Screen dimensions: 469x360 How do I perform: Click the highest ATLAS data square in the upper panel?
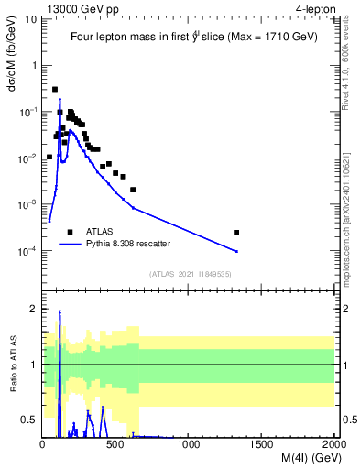[55, 89]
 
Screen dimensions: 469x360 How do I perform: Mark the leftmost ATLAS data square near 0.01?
[49, 157]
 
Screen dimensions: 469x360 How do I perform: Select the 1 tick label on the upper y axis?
[35, 66]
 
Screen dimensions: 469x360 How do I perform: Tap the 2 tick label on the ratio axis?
[35, 309]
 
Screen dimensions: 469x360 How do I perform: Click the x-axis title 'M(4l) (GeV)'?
[306, 458]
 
